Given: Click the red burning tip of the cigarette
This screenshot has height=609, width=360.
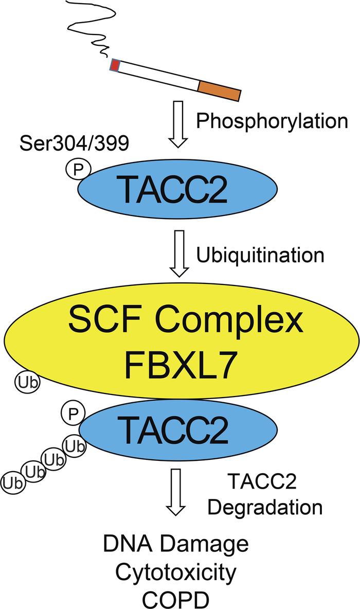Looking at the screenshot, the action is tap(115, 66).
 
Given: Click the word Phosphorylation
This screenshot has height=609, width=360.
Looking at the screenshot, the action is tap(272, 121).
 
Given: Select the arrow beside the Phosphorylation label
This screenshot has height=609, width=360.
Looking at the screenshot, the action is tap(178, 124).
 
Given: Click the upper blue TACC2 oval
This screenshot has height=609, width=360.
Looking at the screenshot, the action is tap(178, 188).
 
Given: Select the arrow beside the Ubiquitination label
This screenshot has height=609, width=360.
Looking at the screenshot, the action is tap(178, 254).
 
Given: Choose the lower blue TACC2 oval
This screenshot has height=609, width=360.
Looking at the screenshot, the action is tap(178, 428).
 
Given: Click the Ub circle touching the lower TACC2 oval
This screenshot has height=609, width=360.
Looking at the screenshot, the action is tap(75, 447).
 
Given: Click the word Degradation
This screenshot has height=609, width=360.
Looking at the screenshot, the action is tap(265, 507).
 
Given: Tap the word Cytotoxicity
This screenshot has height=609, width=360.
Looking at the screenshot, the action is tap(175, 572).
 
